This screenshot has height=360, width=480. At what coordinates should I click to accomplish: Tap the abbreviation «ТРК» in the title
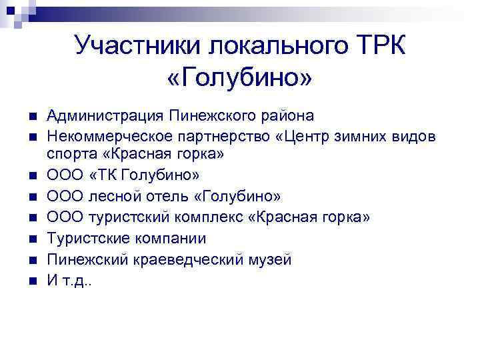point(378,47)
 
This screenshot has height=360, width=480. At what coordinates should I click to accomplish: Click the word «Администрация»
point(104,116)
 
